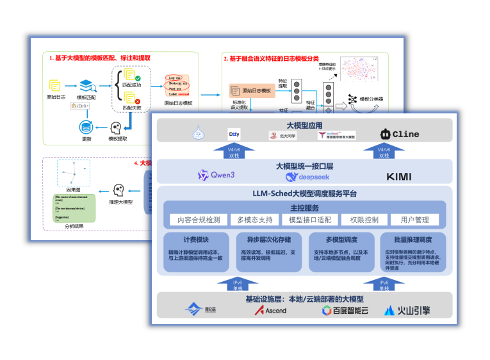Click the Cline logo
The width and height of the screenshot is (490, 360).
pyautogui.click(x=402, y=135)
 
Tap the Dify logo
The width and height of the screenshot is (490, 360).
pyautogui.click(x=234, y=135)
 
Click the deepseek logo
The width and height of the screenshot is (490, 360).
pyautogui.click(x=307, y=177)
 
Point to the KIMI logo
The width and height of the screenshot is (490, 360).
pyautogui.click(x=399, y=176)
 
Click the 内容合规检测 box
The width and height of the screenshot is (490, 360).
pyautogui.click(x=199, y=220)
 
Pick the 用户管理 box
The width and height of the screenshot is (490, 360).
pyautogui.click(x=414, y=220)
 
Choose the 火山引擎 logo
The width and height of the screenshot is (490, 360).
pyautogui.click(x=407, y=311)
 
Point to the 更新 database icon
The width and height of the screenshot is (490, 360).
pyautogui.click(x=86, y=126)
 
